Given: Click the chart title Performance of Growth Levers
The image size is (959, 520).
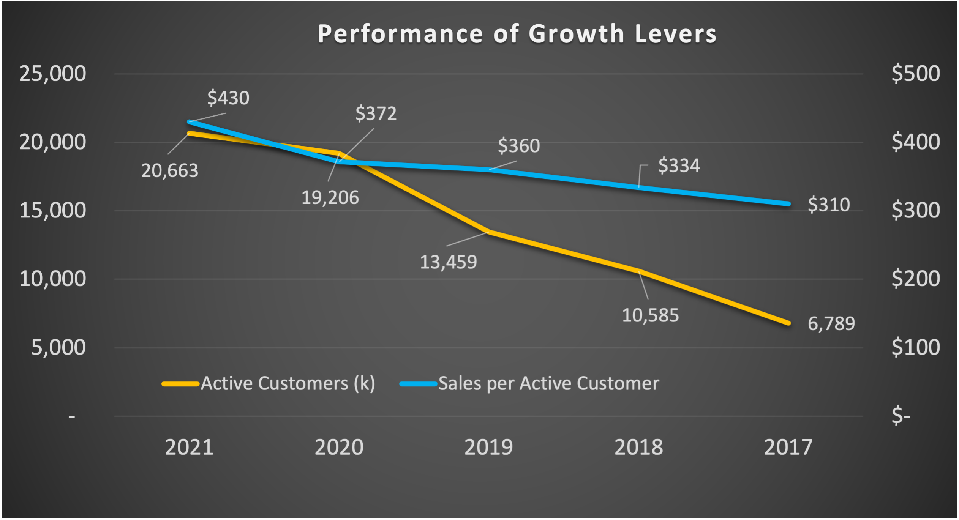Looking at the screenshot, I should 517,34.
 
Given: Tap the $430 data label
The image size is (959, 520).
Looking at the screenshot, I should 228,98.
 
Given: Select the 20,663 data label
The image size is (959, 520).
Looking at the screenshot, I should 170,171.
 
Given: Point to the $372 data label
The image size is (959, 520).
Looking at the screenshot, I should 376,113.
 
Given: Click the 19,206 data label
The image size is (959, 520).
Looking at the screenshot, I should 330,198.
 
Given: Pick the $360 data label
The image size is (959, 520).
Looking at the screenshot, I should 519,146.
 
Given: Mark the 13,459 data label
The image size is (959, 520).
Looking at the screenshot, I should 448,262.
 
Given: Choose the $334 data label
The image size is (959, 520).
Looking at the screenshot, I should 679,165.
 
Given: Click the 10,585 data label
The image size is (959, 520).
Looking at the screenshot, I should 650,315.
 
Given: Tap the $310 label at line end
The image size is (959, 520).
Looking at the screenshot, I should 829,205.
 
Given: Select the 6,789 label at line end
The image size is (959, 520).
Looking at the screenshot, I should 831,324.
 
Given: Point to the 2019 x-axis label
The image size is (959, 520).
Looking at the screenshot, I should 489,447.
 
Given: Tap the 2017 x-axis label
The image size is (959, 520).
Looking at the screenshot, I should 788,447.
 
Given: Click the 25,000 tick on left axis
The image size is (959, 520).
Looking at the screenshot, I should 53,74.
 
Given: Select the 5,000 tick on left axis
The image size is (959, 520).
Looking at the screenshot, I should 58,347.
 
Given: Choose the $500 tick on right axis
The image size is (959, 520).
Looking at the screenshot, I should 916,74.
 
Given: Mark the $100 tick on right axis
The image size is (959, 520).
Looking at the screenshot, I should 916,347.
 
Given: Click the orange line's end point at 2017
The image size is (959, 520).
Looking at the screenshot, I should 788,323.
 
